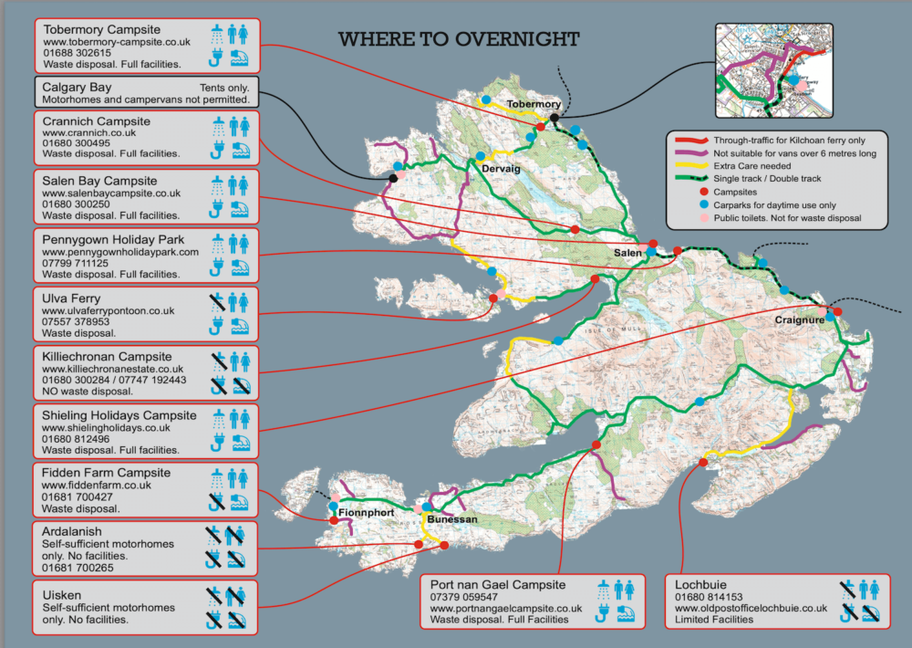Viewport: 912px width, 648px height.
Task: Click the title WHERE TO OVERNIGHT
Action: point(459,39)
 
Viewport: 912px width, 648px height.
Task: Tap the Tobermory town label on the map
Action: point(534,104)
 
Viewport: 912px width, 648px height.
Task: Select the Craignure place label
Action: point(800,320)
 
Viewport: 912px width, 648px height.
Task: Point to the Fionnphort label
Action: point(365,513)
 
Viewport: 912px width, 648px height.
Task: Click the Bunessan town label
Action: point(451,518)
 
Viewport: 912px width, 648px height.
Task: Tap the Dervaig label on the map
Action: point(500,167)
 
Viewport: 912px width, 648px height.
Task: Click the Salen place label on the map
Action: point(627,253)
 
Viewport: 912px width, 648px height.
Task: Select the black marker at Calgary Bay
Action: point(393,178)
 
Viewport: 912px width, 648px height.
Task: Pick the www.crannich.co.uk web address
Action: point(89,132)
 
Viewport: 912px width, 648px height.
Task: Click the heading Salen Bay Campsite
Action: point(99,181)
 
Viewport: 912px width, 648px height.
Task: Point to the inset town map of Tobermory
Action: point(773,71)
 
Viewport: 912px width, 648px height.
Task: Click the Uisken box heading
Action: point(61,592)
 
